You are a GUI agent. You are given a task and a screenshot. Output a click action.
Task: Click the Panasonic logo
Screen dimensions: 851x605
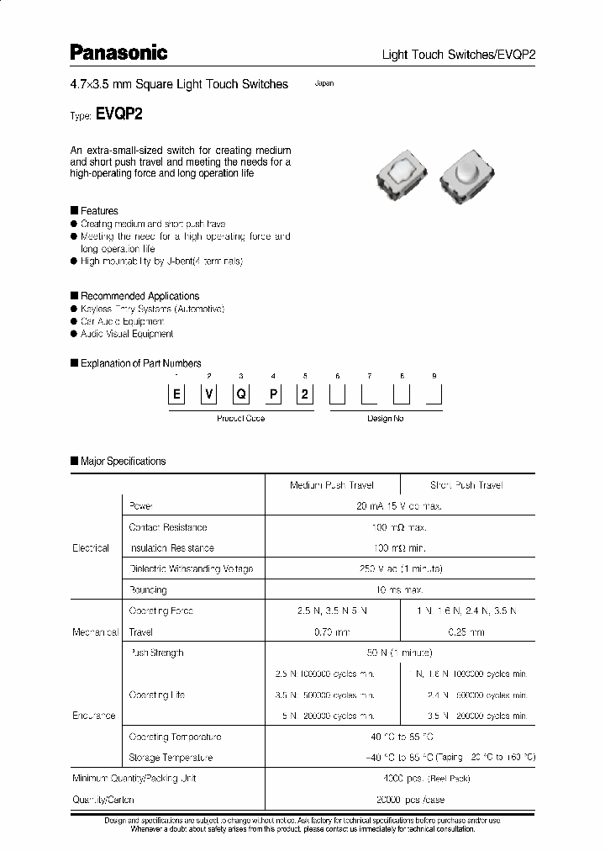pyautogui.click(x=118, y=53)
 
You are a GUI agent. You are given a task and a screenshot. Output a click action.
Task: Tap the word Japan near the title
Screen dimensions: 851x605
pyautogui.click(x=324, y=84)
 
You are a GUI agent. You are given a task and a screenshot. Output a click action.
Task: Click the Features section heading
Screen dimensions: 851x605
pyautogui.click(x=98, y=211)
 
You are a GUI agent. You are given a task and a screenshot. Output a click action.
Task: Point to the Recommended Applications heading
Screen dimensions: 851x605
pyautogui.click(x=139, y=296)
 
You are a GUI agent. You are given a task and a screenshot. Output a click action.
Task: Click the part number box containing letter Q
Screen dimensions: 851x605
pyautogui.click(x=240, y=396)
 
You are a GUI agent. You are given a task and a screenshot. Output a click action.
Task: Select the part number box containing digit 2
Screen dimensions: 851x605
pyautogui.click(x=305, y=396)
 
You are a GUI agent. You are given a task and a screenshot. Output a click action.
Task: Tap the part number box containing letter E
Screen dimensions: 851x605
pyautogui.click(x=176, y=396)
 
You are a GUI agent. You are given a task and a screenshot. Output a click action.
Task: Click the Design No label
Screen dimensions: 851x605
pyautogui.click(x=386, y=418)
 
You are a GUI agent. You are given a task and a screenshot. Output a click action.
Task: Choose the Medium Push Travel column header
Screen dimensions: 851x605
pyautogui.click(x=332, y=485)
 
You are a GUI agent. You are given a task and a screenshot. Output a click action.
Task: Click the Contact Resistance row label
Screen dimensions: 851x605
pyautogui.click(x=167, y=527)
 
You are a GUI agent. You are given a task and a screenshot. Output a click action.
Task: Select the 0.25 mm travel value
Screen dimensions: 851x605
pyautogui.click(x=465, y=632)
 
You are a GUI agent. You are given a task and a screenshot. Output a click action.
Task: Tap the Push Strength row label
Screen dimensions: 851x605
pyautogui.click(x=155, y=653)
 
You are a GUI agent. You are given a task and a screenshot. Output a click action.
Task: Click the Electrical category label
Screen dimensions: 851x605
pyautogui.click(x=91, y=548)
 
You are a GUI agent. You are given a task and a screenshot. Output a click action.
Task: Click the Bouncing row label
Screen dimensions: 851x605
pyautogui.click(x=148, y=590)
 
